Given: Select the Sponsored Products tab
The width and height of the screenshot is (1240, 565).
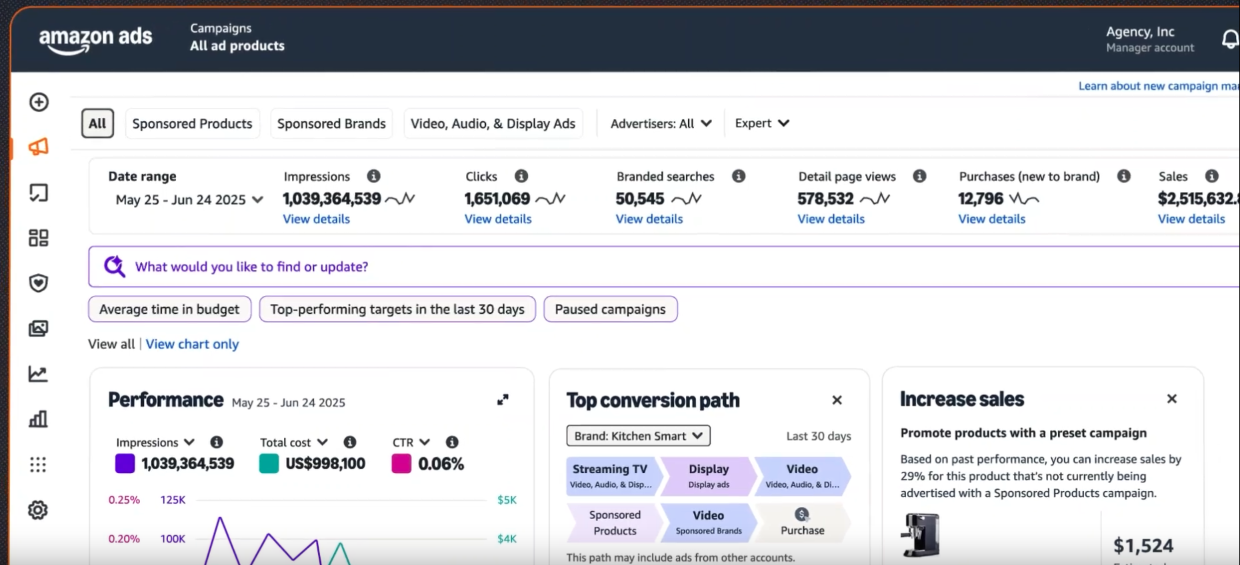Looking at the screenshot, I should coord(192,124).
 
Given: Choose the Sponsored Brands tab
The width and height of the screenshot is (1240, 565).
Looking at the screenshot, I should coord(331,124).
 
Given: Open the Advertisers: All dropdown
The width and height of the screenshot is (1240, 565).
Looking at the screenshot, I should coord(661,124).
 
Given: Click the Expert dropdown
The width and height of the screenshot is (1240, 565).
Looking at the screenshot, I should coord(761,123).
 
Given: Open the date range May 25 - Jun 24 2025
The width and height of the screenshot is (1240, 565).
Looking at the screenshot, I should coord(189,200).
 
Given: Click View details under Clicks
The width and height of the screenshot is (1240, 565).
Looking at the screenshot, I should coord(497,219).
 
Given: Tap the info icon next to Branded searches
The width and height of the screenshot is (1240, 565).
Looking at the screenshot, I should coord(738,177).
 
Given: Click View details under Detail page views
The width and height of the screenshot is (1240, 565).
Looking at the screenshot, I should coord(831,219).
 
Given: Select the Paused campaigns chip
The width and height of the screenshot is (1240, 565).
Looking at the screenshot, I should coord(610,309).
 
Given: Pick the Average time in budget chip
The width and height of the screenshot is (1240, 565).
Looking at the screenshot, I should coord(169,309).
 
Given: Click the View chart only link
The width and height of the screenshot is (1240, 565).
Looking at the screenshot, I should coord(192,344).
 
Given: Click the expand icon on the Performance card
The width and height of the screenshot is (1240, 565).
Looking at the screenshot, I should coord(503,400).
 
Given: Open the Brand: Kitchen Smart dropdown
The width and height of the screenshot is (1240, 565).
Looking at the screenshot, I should coord(638,436).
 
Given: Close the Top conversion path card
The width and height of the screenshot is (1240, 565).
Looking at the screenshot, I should coord(837,400).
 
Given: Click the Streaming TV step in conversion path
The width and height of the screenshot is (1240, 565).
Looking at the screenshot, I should coord(611,476).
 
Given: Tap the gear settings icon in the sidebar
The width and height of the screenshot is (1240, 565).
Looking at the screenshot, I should coord(38,510).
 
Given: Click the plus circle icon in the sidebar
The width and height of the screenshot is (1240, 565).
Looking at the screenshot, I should coord(39,102).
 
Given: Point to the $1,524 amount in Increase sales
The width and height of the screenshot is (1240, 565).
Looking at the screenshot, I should coord(1143,546).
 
